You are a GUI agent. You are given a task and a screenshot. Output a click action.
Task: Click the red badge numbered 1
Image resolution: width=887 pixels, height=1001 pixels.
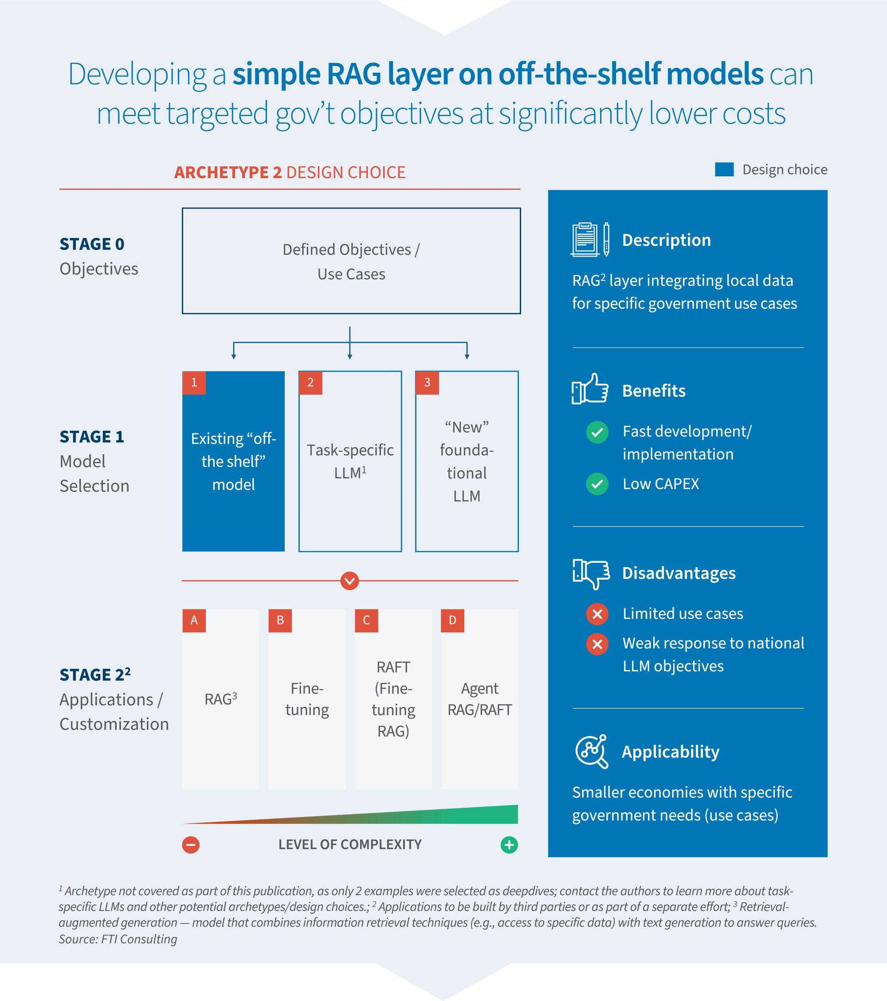194,382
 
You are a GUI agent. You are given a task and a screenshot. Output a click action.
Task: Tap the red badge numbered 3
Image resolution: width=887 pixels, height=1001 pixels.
427,382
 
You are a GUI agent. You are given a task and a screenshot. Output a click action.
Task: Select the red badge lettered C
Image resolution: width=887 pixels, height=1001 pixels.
366,620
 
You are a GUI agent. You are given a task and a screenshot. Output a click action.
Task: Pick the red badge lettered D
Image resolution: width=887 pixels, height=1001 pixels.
452,620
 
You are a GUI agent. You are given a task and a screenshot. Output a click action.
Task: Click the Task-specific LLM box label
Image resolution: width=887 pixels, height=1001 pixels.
350,461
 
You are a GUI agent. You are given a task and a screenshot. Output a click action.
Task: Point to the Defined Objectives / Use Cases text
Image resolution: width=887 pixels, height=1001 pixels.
351,261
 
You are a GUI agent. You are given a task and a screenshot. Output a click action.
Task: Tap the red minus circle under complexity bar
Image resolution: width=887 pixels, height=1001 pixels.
191,845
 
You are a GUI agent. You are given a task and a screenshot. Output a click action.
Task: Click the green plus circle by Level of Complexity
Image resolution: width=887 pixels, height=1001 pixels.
509,845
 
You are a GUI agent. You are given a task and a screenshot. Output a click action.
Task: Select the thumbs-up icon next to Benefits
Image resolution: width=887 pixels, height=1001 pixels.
590,389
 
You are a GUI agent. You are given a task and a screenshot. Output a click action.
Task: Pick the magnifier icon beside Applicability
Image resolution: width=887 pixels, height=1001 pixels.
592,751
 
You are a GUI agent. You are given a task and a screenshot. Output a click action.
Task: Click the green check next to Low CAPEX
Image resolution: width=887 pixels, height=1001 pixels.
597,484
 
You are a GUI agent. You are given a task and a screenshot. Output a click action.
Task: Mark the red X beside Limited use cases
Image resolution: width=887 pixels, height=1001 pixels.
597,614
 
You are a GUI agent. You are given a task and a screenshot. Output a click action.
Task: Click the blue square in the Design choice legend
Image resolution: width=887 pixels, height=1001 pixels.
724,169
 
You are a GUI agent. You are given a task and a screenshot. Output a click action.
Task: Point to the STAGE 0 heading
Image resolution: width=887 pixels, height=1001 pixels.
92,244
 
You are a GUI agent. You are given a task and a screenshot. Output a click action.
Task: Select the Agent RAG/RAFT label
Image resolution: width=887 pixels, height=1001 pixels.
479,699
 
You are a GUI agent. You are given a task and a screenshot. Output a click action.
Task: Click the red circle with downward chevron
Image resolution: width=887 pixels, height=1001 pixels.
349,581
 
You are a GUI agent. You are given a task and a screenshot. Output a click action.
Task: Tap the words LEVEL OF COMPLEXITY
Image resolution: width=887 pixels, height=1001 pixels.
350,844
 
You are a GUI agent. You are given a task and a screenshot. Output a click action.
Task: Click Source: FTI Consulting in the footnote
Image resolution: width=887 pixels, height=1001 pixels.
118,939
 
